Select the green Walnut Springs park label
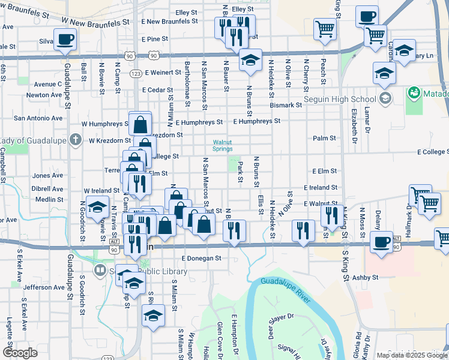(x=222, y=146)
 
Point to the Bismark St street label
(x=285, y=105)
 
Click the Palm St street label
(x=324, y=138)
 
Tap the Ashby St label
(x=366, y=277)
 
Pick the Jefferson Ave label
(x=43, y=287)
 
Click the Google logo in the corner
(x=19, y=353)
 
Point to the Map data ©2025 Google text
(x=412, y=355)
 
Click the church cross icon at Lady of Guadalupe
(x=74, y=140)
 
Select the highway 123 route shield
(x=136, y=73)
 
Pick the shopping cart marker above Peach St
(x=325, y=28)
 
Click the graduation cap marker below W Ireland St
(x=97, y=207)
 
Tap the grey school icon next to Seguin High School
(x=385, y=98)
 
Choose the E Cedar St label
(x=157, y=90)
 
